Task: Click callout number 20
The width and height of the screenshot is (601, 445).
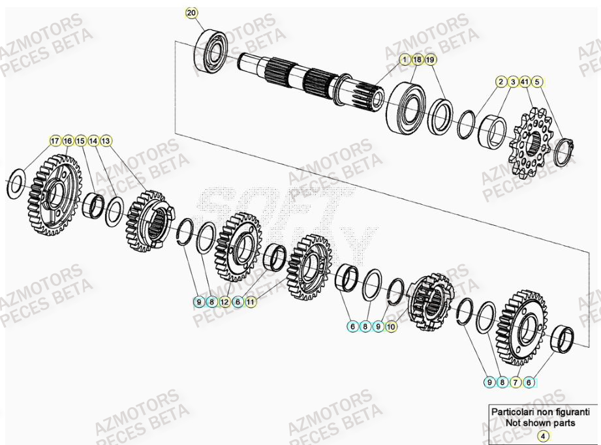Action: tap(191, 13)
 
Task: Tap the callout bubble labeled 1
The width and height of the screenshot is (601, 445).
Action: tap(405, 59)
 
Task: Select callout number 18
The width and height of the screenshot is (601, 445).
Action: tap(418, 59)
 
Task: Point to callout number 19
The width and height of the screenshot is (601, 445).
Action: tap(431, 59)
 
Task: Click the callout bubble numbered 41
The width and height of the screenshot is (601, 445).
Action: tap(525, 82)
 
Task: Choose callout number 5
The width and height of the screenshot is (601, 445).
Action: tap(537, 82)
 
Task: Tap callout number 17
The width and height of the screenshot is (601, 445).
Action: tap(55, 140)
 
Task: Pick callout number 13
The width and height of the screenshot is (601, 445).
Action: tap(106, 140)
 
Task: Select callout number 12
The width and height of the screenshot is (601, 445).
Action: tap(224, 302)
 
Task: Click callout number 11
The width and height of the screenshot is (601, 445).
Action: tap(251, 302)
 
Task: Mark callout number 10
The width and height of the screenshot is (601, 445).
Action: tap(391, 326)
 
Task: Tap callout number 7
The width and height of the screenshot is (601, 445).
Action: tap(516, 382)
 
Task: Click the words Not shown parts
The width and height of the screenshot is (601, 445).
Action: tap(540, 423)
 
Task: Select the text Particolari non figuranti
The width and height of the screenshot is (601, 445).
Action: tap(540, 412)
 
